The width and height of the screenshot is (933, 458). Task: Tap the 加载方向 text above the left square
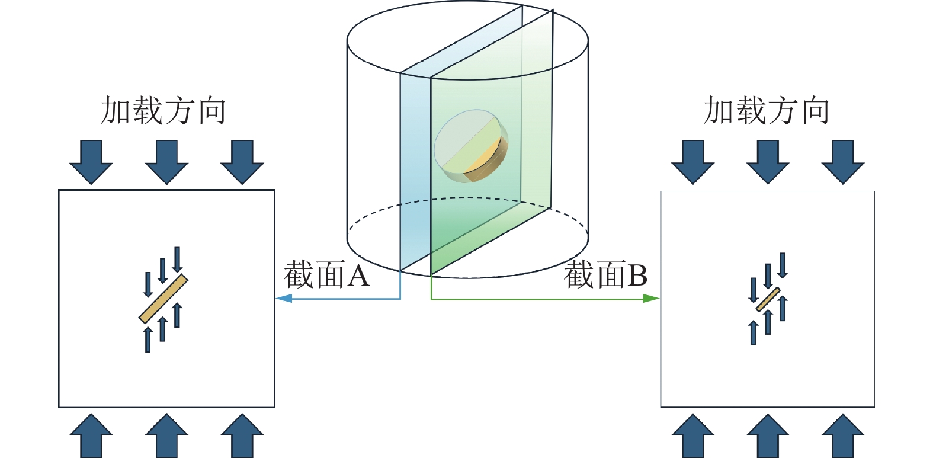[x=163, y=111]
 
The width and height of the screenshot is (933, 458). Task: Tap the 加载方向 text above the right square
[x=766, y=111]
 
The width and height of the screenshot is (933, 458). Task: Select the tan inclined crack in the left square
[x=163, y=299]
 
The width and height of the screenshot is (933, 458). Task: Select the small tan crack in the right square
[x=768, y=299]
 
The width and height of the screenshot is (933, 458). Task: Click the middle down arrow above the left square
[x=166, y=161]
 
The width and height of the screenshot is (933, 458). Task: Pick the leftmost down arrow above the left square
[x=91, y=161]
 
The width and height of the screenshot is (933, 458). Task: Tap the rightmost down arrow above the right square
[x=843, y=161]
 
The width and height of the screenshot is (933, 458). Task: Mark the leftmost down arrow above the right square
[x=692, y=161]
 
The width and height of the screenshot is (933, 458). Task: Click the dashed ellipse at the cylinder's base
[x=379, y=209]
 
